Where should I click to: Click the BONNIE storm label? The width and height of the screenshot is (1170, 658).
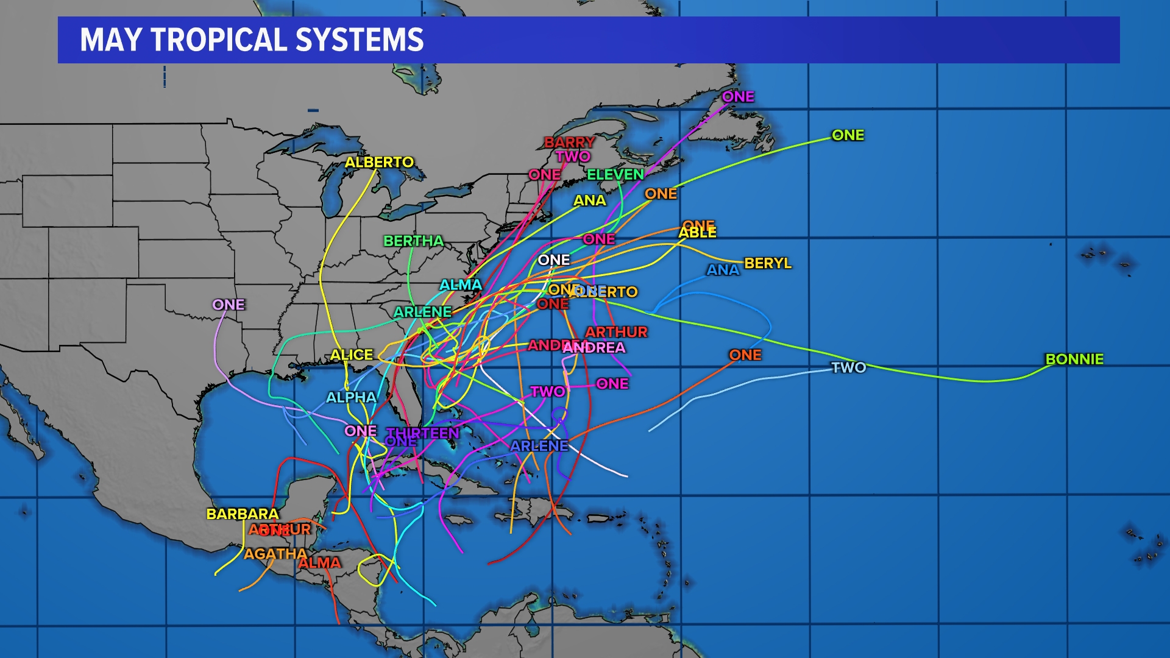point(1074,359)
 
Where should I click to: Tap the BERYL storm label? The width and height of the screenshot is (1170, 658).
point(768,263)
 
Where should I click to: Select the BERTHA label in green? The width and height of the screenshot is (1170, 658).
point(413,241)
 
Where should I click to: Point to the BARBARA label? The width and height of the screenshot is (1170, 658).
point(243,514)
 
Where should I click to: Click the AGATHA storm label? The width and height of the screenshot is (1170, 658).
point(275,554)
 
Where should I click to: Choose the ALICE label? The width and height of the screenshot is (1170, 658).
point(352,355)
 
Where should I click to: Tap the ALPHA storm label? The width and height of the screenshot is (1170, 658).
point(352,397)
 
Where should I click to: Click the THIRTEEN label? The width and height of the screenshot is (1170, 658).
point(424,433)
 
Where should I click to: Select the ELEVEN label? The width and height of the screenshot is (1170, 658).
point(615,175)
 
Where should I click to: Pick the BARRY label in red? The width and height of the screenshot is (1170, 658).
point(569,143)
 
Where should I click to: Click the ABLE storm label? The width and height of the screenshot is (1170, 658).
point(698,233)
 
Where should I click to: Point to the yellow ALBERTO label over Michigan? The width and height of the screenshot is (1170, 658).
point(379,162)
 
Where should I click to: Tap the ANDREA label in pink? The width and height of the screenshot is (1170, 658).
point(594,348)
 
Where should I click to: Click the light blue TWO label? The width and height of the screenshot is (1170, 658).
point(849,367)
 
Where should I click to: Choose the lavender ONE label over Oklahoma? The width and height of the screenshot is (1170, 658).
point(229,304)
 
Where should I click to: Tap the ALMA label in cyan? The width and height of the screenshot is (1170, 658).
point(461,285)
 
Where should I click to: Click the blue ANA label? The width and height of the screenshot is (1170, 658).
point(723,269)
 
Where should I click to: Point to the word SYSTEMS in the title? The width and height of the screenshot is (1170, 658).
point(360,40)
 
